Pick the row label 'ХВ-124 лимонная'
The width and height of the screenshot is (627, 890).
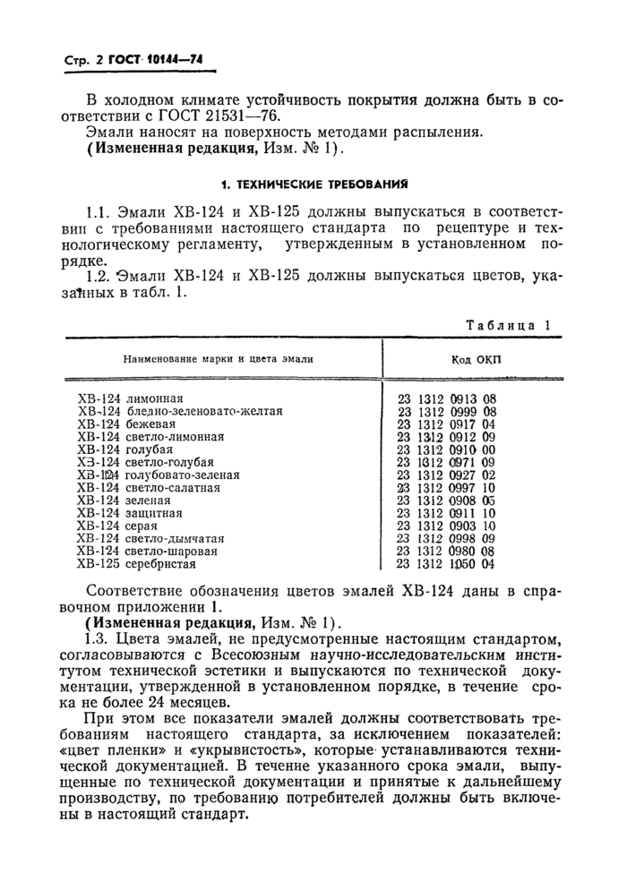131,398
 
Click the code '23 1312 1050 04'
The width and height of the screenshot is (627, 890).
446,564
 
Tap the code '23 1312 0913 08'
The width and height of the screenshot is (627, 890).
446,398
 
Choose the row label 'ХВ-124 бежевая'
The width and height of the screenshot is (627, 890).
126,424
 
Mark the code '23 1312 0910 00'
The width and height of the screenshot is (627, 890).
446,449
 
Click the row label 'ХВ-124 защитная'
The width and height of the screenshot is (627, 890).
130,513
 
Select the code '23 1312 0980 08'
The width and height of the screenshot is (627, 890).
446,552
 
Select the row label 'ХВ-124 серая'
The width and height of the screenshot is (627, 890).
119,526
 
